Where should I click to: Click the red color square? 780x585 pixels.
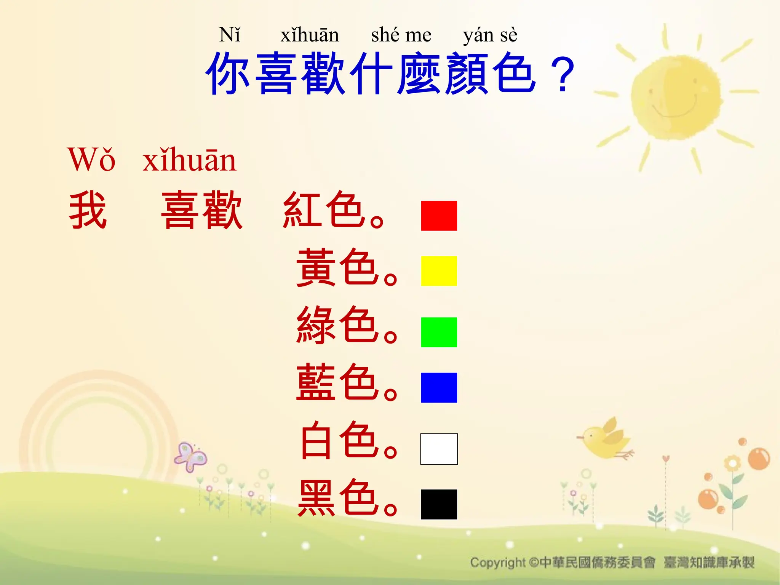click(439, 216)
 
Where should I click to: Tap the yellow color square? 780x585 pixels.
click(439, 271)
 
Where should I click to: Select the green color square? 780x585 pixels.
click(439, 332)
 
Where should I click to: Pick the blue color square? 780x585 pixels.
click(439, 387)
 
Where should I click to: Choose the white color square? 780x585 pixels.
click(439, 449)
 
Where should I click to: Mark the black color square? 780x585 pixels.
click(439, 504)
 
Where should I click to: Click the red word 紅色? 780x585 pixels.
click(322, 210)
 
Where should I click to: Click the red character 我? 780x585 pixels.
click(88, 210)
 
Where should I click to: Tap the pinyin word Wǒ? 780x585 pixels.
click(91, 160)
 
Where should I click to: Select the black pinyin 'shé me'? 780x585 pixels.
click(401, 35)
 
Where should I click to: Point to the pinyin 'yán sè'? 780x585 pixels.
click(490, 35)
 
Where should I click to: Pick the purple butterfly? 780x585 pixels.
click(190, 457)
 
